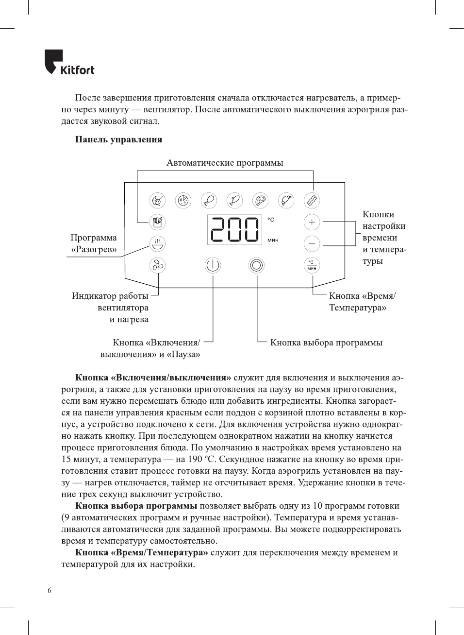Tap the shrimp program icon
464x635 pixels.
coord(157,200)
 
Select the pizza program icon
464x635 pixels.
coord(183,200)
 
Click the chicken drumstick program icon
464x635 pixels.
coord(209,200)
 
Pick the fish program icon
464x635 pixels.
coord(234,200)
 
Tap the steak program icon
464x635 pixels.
coord(260,200)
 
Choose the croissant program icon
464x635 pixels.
coord(286,200)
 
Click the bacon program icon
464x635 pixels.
coord(312,200)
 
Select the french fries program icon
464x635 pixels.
coord(157,222)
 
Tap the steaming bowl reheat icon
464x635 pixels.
coord(157,243)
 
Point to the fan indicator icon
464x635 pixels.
coord(157,265)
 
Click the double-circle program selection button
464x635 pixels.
coord(256,265)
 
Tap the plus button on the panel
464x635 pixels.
coord(312,222)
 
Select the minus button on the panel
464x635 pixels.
coord(312,243)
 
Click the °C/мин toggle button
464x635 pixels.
coord(312,265)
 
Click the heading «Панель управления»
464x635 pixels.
coord(118,139)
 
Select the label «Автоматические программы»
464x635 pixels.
coord(225,163)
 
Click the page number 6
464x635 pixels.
coord(50,590)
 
